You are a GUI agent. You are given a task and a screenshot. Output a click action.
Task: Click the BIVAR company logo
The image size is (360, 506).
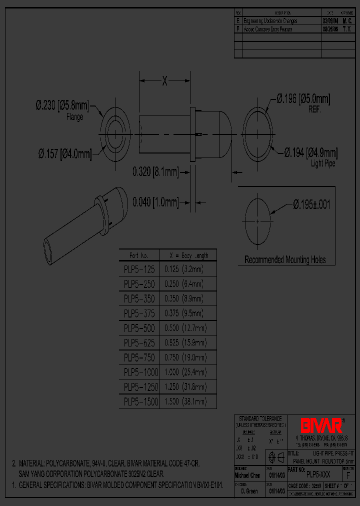click(x=321, y=425)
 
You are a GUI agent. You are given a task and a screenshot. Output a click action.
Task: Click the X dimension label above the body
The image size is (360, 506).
click(x=164, y=81)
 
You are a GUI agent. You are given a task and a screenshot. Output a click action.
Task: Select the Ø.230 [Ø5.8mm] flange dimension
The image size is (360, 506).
click(x=62, y=105)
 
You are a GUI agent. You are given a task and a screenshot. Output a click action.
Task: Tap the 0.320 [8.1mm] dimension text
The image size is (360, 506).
click(x=155, y=172)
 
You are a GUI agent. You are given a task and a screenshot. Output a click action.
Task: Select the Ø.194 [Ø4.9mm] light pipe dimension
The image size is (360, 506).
click(x=310, y=152)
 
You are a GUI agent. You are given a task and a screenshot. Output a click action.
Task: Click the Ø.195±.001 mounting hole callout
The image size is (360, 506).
click(x=311, y=204)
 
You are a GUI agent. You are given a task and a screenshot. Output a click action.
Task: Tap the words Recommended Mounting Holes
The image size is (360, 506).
click(x=285, y=259)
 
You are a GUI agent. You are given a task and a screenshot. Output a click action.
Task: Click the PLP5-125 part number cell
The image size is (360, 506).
click(x=139, y=269)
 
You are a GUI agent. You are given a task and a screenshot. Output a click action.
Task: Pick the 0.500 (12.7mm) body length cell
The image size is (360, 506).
click(x=185, y=328)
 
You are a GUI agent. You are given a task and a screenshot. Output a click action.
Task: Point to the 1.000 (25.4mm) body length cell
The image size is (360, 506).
click(x=185, y=372)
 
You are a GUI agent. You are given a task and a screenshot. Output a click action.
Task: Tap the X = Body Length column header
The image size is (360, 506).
click(x=188, y=255)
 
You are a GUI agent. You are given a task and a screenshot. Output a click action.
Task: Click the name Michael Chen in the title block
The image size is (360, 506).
click(x=247, y=475)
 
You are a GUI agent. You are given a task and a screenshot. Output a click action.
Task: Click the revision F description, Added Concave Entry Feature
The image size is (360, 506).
click(x=267, y=29)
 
